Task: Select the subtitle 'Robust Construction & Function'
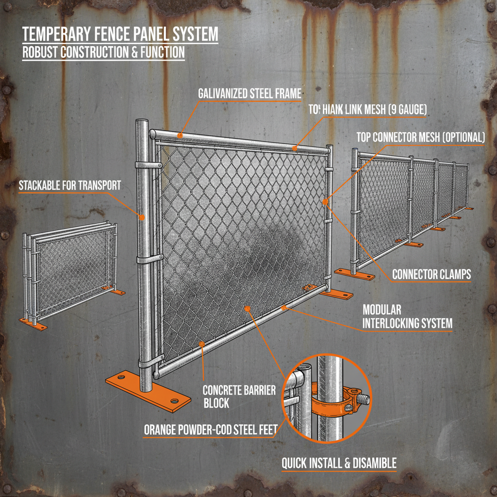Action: pyautogui.click(x=103, y=52)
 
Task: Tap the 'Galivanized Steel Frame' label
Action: pyautogui.click(x=249, y=93)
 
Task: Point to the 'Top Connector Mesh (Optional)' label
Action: pyautogui.click(x=420, y=137)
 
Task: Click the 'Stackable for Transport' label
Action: pyautogui.click(x=69, y=185)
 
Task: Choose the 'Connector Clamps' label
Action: pyautogui.click(x=431, y=274)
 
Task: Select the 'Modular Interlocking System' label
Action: pyautogui.click(x=407, y=316)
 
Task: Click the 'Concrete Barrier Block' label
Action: pyautogui.click(x=239, y=397)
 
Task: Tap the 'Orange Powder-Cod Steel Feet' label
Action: pyautogui.click(x=211, y=430)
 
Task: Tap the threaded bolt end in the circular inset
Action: pyautogui.click(x=364, y=400)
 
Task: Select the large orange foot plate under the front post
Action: pyautogui.click(x=148, y=389)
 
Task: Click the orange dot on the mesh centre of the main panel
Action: pyautogui.click(x=248, y=308)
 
